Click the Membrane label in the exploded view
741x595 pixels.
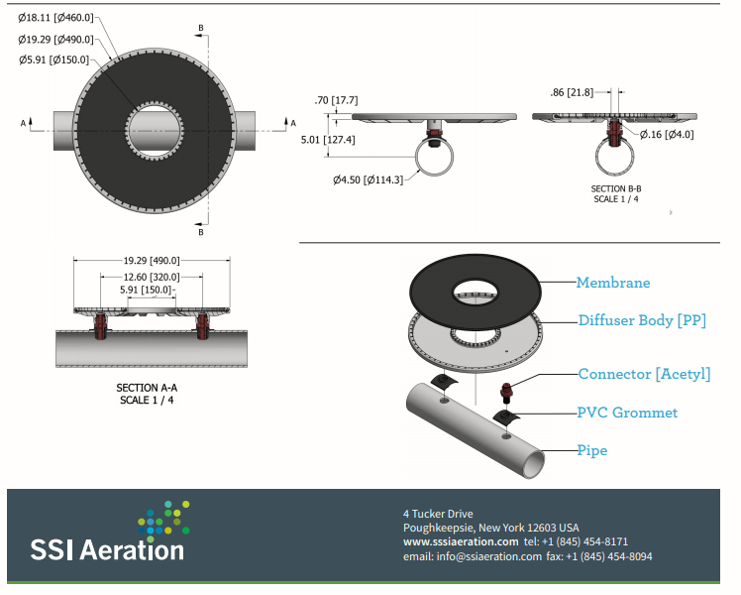point(613,283)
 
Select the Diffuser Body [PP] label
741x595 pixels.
point(641,320)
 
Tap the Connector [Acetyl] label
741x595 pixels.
point(644,374)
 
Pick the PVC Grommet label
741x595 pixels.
point(627,412)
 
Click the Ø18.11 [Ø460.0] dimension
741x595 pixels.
point(55,17)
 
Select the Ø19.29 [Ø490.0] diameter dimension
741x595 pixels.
point(55,39)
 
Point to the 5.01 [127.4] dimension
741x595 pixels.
point(328,140)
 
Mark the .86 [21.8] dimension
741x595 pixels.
point(572,92)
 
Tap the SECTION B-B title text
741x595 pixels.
point(616,187)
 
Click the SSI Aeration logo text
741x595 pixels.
point(107,548)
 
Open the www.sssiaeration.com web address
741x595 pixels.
point(460,541)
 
